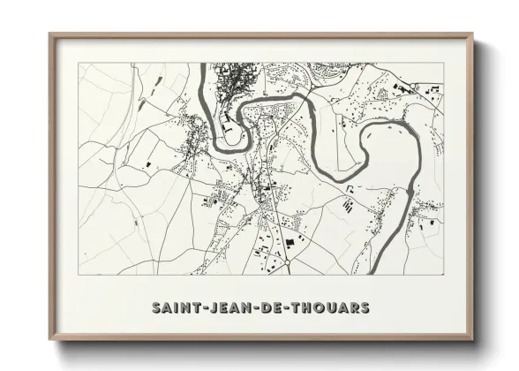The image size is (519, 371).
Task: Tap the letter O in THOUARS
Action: tap(320, 308)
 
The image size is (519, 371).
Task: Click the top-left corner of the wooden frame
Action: tap(49, 34)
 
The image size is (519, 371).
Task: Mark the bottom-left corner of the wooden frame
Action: tap(49, 340)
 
